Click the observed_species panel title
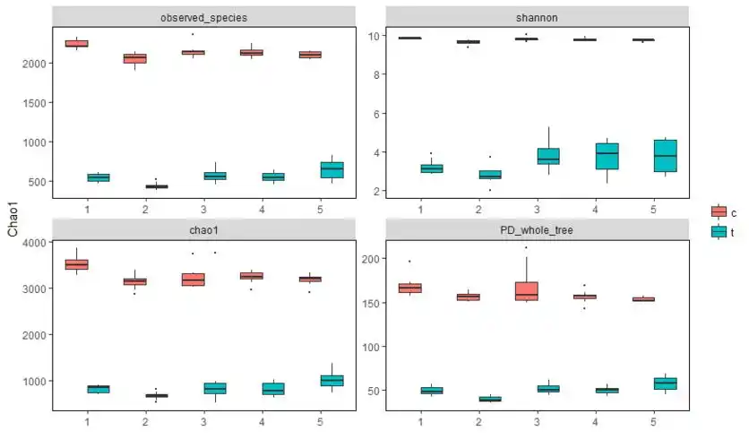(204, 17)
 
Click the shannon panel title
(537, 17)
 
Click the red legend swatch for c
(719, 212)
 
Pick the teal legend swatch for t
(719, 231)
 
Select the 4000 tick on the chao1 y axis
(32, 243)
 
